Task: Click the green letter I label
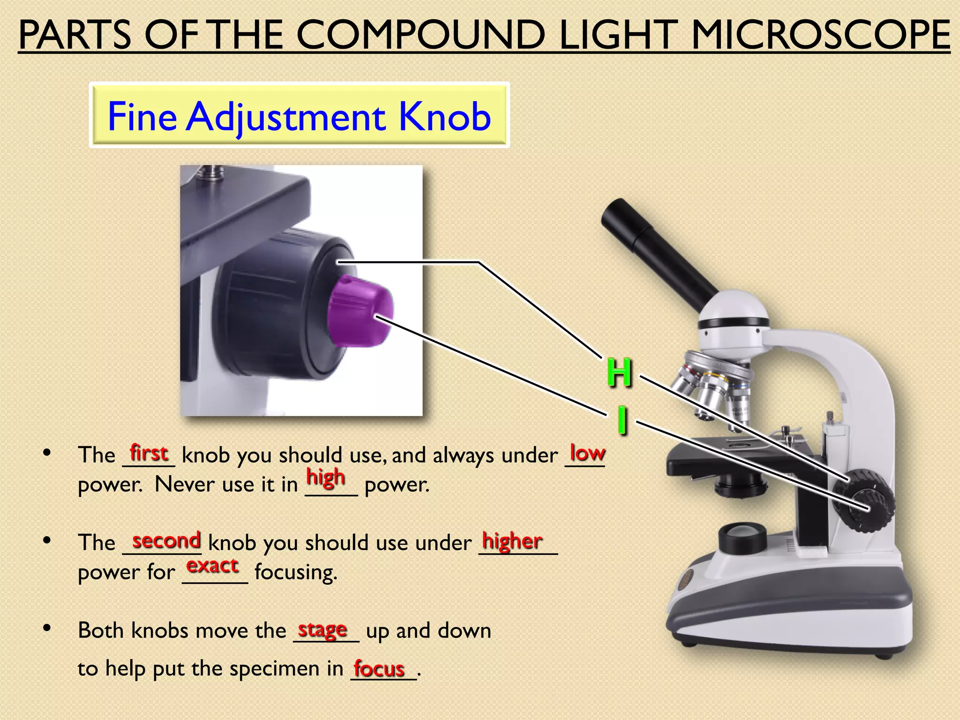pyautogui.click(x=622, y=420)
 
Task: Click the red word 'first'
pyautogui.click(x=149, y=453)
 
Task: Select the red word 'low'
pyautogui.click(x=587, y=453)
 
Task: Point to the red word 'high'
pyautogui.click(x=326, y=478)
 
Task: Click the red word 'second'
pyautogui.click(x=166, y=540)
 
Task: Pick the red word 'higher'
pyautogui.click(x=512, y=541)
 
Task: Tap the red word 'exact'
pyautogui.click(x=212, y=566)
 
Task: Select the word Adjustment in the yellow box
pyautogui.click(x=286, y=117)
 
